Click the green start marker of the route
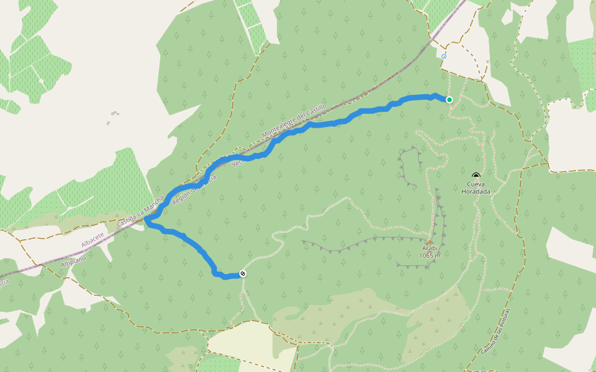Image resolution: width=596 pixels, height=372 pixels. pyautogui.click(x=449, y=99)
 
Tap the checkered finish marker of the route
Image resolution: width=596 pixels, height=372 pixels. pyautogui.click(x=243, y=273)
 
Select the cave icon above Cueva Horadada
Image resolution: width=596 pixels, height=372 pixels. pyautogui.click(x=476, y=176)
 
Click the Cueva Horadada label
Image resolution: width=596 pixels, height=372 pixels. pyautogui.click(x=476, y=188)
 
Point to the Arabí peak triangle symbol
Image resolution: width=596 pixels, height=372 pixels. pyautogui.click(x=429, y=242)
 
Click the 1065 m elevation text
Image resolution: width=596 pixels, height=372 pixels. pyautogui.click(x=429, y=255)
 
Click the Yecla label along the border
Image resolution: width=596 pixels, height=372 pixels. pyautogui.click(x=238, y=161)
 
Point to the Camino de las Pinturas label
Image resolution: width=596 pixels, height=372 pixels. pyautogui.click(x=495, y=332)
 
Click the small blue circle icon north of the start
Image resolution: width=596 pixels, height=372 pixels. pyautogui.click(x=444, y=56)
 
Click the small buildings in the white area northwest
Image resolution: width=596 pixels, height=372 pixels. pyautogui.click(x=113, y=114)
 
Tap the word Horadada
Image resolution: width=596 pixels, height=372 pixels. pyautogui.click(x=476, y=192)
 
